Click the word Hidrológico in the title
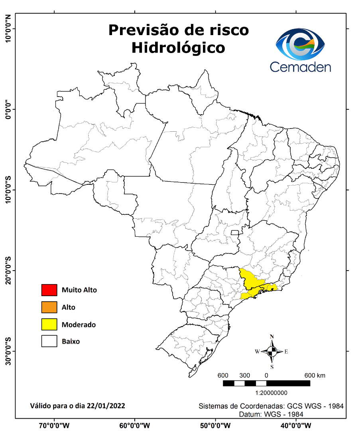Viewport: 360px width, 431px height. (x=178, y=47)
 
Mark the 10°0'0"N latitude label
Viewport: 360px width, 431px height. (x=7, y=29)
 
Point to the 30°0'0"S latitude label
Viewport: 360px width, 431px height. (x=7, y=352)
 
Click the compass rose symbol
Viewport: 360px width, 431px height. (x=272, y=352)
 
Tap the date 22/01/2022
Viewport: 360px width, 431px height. (x=107, y=406)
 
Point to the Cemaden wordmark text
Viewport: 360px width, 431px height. (x=300, y=66)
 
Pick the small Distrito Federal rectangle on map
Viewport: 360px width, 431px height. (x=235, y=232)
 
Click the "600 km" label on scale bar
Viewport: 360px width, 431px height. (x=315, y=376)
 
